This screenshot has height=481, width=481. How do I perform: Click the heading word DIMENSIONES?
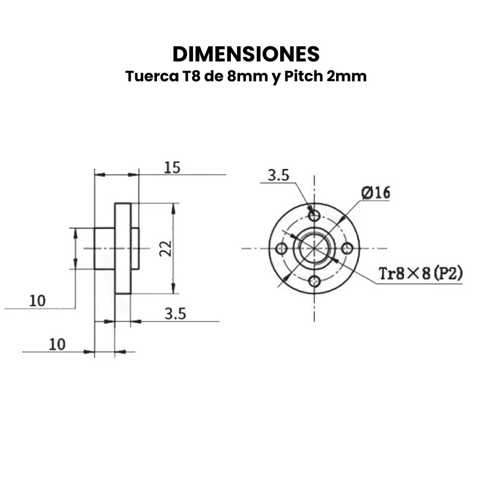click(245, 54)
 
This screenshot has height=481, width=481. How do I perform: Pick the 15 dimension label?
click(172, 168)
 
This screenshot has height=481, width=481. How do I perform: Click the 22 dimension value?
click(167, 248)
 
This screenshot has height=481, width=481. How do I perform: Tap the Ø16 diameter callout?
click(376, 193)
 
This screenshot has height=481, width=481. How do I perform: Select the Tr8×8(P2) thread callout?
click(420, 274)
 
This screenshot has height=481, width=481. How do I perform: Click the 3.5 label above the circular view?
click(278, 176)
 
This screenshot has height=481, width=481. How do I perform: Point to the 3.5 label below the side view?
click(174, 313)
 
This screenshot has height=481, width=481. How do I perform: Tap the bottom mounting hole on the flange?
click(314, 280)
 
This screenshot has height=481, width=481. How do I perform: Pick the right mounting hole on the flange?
click(346, 248)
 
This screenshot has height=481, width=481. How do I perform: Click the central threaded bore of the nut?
click(314, 248)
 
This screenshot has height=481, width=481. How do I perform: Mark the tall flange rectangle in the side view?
click(123, 248)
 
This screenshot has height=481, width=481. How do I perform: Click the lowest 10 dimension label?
click(57, 344)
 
